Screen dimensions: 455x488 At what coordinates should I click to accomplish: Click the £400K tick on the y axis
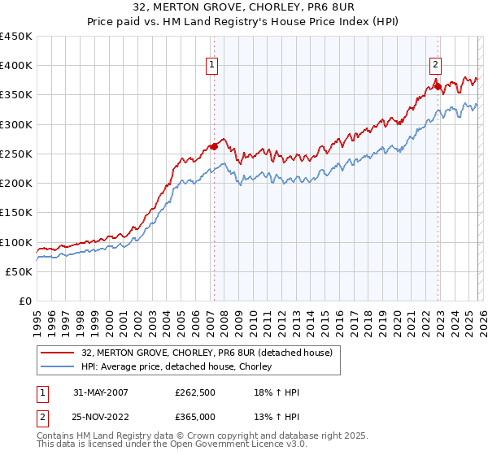[16, 66]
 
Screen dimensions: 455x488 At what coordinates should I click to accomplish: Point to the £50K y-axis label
[20, 272]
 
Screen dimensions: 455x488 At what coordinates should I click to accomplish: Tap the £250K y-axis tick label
[16, 154]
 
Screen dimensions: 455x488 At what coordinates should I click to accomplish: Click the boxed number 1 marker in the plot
[211, 66]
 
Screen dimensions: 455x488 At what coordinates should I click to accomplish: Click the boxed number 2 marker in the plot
[435, 66]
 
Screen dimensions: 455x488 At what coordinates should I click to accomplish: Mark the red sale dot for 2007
[215, 146]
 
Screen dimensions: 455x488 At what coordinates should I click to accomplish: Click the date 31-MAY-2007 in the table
[102, 392]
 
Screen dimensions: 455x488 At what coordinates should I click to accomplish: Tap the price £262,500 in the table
[195, 392]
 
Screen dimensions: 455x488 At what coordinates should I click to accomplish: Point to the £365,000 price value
[195, 417]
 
